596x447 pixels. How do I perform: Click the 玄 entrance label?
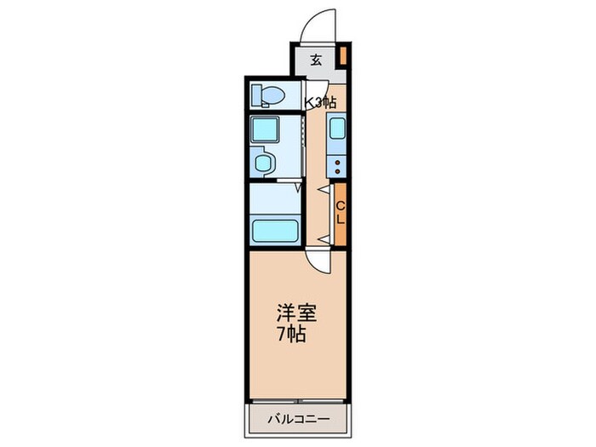click(x=316, y=60)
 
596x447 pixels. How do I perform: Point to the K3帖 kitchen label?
click(x=321, y=102)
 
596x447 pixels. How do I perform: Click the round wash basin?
click(x=264, y=163)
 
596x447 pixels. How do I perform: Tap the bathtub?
click(x=274, y=231)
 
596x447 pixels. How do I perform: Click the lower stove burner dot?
click(x=337, y=170)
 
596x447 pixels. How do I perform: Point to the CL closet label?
click(x=339, y=213)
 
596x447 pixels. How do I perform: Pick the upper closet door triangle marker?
click(x=323, y=189)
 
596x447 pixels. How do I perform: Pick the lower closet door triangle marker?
click(x=323, y=236)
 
